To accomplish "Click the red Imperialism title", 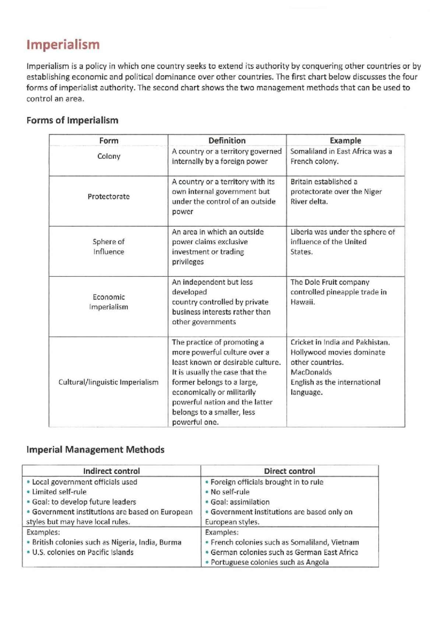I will (x=63, y=45).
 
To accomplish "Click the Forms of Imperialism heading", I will (x=72, y=120).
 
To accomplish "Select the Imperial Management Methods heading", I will (x=95, y=449).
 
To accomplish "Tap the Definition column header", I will (x=227, y=141).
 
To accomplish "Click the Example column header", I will (x=345, y=141).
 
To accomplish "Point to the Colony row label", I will (x=109, y=156).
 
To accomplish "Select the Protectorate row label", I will (x=109, y=197).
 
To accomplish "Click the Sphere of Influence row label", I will (x=109, y=247).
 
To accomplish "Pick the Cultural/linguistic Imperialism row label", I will (x=108, y=382).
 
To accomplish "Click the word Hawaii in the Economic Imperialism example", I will (x=302, y=302).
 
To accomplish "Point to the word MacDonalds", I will (x=311, y=372).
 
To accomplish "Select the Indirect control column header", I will (x=111, y=471).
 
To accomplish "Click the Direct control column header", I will (x=290, y=471).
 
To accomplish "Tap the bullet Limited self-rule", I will (x=59, y=492).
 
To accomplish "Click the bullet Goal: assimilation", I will (x=240, y=502).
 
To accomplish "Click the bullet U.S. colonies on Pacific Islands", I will (x=83, y=552).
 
